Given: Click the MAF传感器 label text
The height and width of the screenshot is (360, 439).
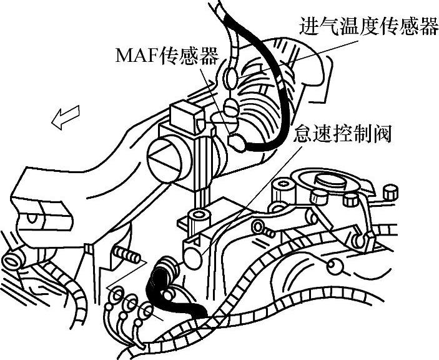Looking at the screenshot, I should click(x=167, y=57).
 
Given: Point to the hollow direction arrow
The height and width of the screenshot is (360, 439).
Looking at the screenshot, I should click(x=66, y=117).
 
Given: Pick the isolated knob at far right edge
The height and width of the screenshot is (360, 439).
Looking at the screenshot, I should click(x=391, y=190).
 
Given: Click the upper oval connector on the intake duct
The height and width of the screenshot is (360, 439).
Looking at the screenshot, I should click(x=230, y=77).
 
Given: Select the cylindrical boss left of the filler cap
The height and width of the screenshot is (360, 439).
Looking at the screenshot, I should click(x=285, y=186).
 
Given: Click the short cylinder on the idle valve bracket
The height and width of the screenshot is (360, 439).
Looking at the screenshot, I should click(x=200, y=217).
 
